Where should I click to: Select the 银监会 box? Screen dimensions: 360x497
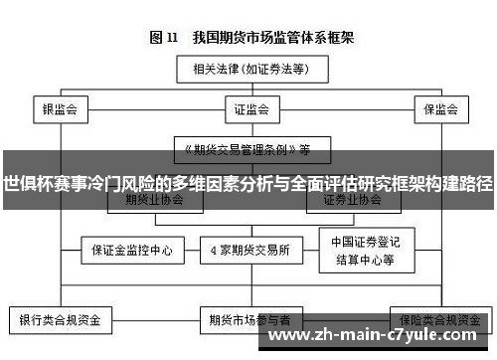pyautogui.click(x=60, y=107)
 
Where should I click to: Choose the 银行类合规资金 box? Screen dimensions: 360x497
pyautogui.click(x=60, y=320)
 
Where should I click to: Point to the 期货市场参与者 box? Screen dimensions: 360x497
pyautogui.click(x=248, y=320)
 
